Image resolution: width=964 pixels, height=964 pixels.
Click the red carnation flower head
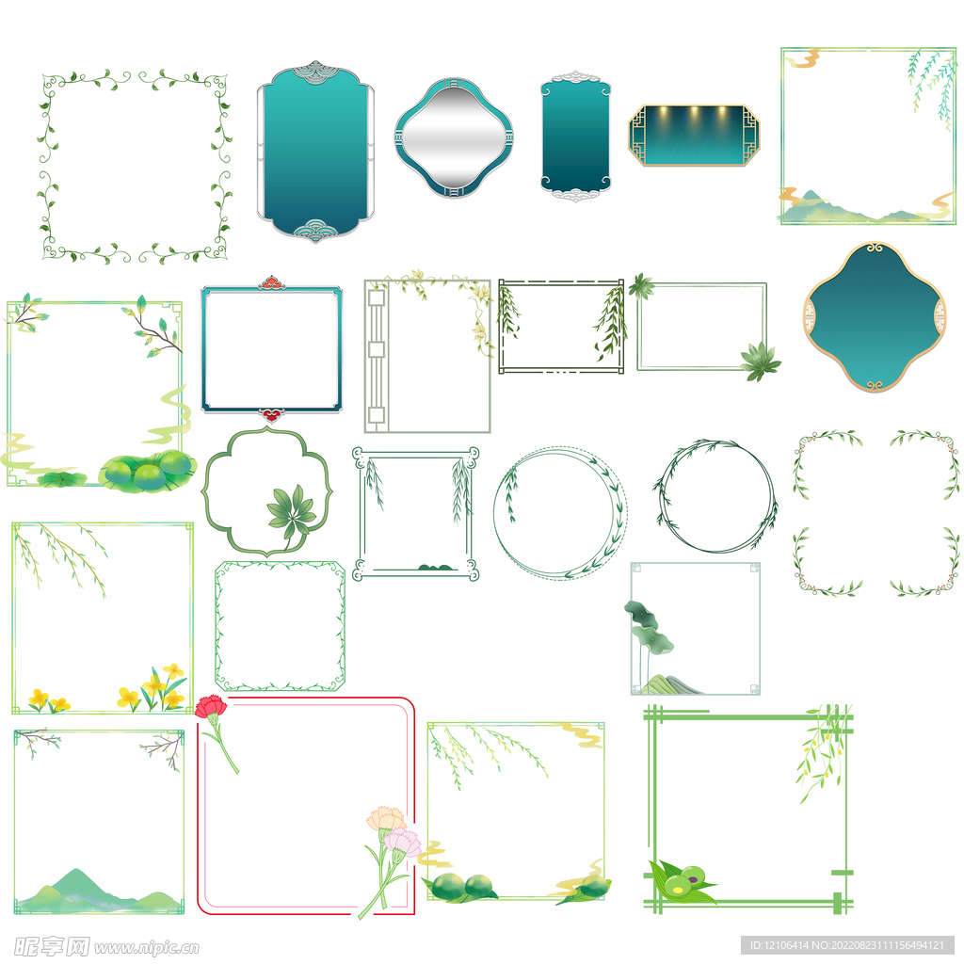[x=211, y=706]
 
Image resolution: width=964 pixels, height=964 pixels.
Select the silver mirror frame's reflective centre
[x=453, y=137]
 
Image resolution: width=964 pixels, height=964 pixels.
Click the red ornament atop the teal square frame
[x=271, y=282]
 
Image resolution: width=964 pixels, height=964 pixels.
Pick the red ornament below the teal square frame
[x=271, y=415]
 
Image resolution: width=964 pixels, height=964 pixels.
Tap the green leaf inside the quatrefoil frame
[x=292, y=511]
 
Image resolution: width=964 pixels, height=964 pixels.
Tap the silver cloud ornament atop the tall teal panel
[x=315, y=70]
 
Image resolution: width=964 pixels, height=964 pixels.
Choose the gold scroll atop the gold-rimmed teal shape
[x=875, y=249]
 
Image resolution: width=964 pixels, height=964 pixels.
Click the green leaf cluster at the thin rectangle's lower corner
[x=760, y=361]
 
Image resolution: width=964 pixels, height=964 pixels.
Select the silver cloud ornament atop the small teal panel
[x=575, y=77]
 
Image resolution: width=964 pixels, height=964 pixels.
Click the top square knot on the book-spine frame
[x=377, y=297]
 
